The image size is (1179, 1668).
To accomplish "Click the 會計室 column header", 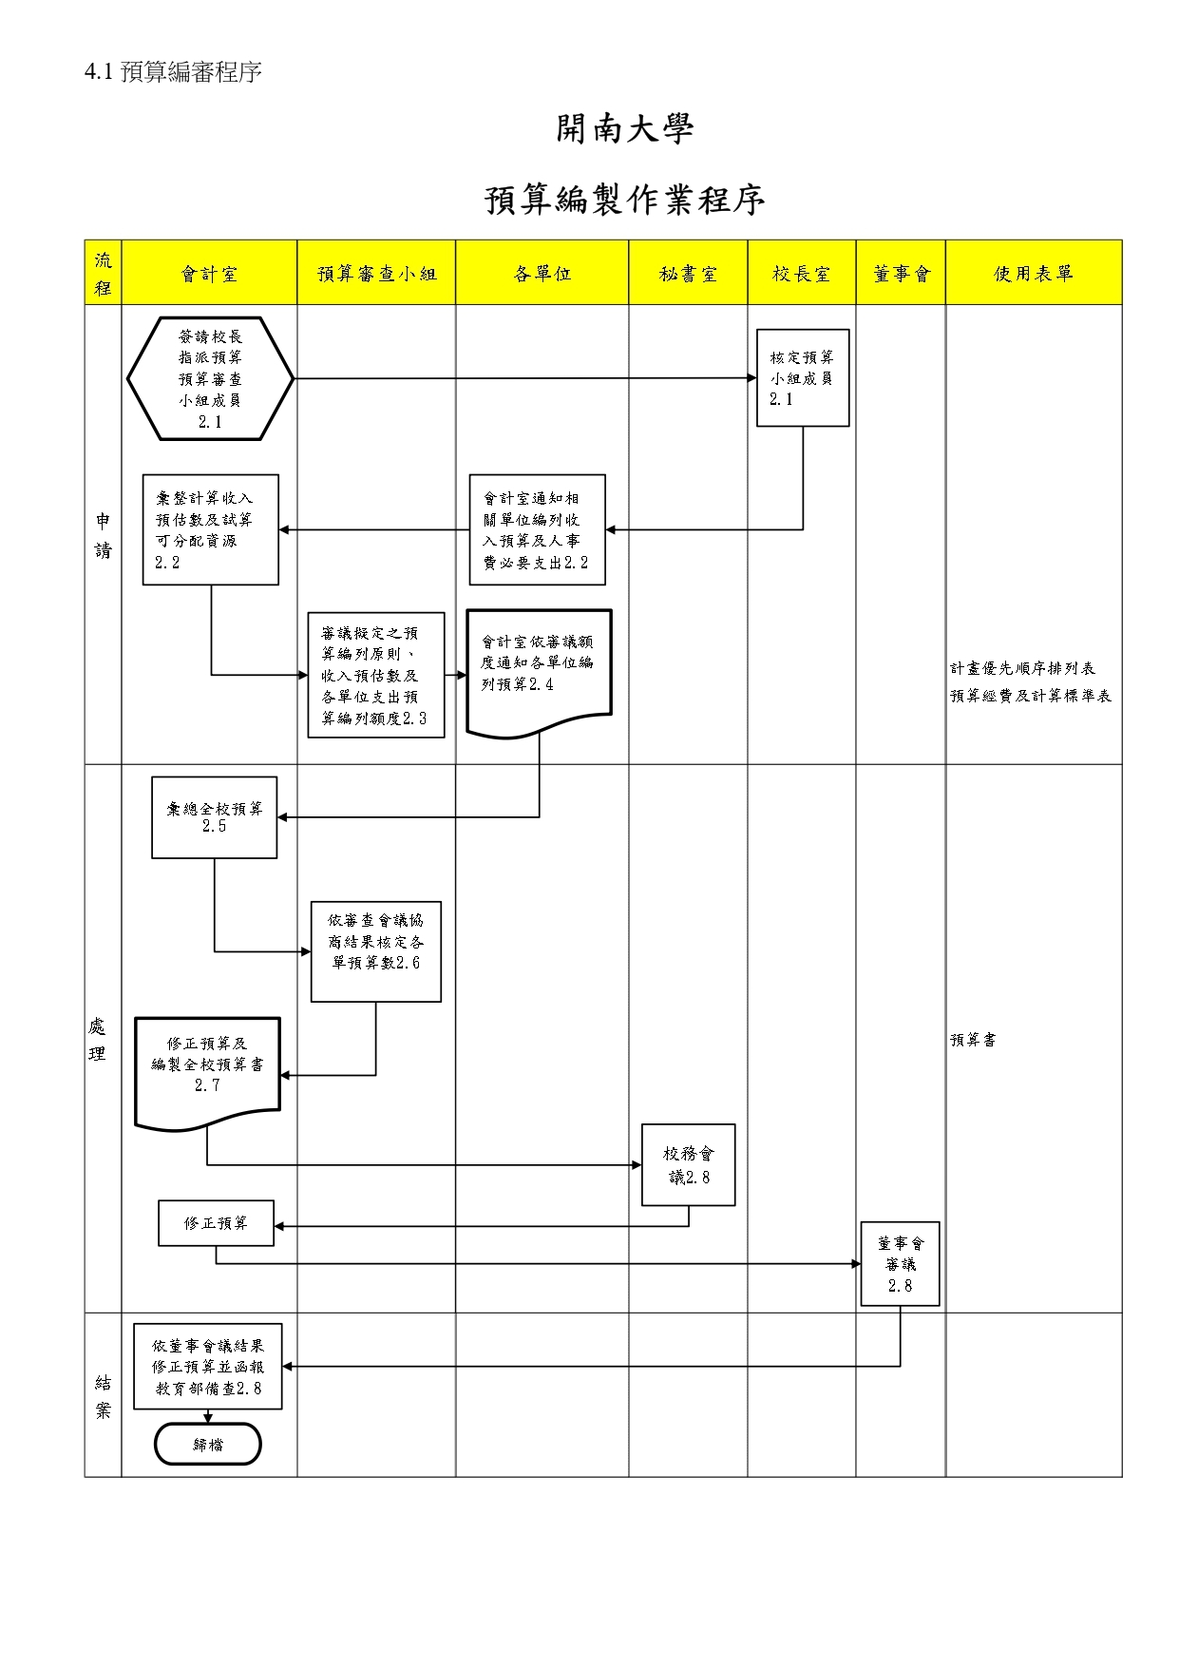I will (209, 274).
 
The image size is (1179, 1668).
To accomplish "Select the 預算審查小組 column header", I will (376, 274).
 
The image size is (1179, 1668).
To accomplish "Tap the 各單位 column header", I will (542, 274).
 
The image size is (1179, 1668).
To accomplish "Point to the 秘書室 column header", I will (688, 274).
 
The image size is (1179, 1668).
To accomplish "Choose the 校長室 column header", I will (801, 274).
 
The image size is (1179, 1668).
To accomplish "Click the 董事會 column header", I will (901, 274).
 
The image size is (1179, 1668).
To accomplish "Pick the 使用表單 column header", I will (1034, 274).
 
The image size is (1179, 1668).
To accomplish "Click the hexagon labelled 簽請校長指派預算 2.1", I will (210, 378).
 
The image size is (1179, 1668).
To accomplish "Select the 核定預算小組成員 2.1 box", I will (803, 378).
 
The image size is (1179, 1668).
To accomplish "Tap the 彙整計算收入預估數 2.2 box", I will (210, 529).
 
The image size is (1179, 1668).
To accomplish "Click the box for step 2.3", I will (376, 675).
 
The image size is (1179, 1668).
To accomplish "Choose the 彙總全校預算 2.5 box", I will (215, 817).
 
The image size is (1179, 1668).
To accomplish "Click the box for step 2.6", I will (376, 950).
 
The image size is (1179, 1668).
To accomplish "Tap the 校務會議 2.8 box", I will (689, 1165).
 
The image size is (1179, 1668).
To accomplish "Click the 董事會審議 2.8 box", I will (901, 1264).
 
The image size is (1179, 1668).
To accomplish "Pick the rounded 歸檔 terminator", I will (208, 1445).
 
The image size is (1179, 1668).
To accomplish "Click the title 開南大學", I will (625, 129).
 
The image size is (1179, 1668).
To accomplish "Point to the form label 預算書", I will (973, 1040).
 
